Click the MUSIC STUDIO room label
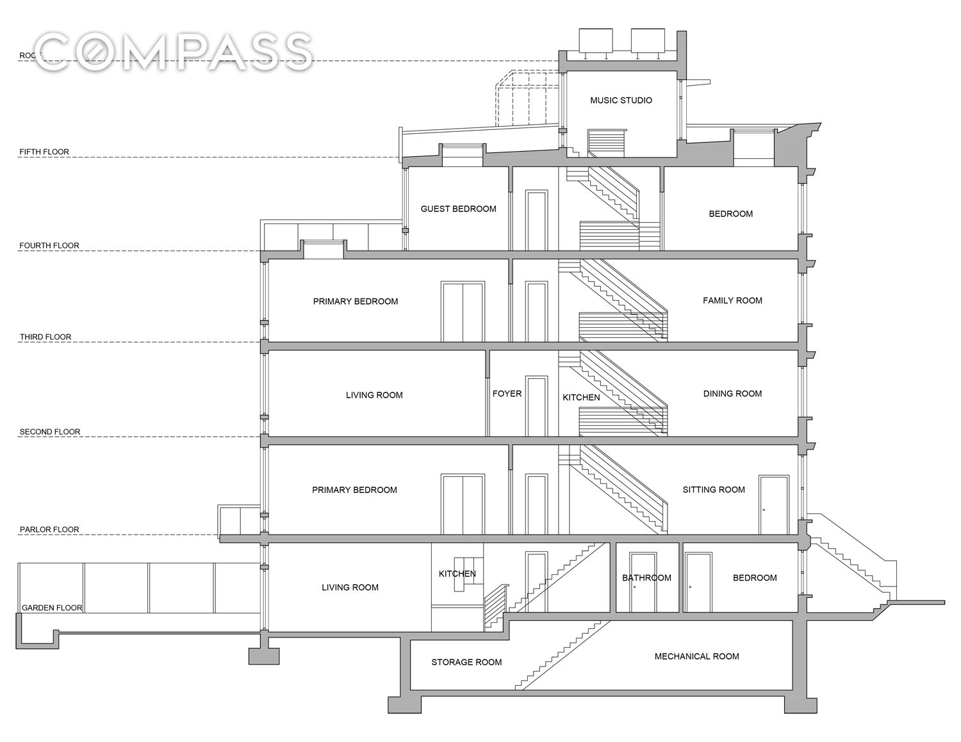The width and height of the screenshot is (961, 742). pyautogui.click(x=621, y=101)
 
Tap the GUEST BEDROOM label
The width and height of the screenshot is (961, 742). pyautogui.click(x=458, y=209)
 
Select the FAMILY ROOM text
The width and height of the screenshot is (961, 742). pyautogui.click(x=732, y=300)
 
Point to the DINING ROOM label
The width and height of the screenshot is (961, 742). pyautogui.click(x=732, y=394)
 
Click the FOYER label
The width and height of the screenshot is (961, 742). pyautogui.click(x=507, y=394)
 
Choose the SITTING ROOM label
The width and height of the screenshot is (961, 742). pyautogui.click(x=713, y=490)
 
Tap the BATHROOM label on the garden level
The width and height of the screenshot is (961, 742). pyautogui.click(x=646, y=577)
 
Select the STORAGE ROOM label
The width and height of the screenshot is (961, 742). pyautogui.click(x=466, y=662)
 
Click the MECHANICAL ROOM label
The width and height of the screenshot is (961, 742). pyautogui.click(x=696, y=656)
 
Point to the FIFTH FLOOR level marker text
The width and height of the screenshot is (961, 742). pyautogui.click(x=44, y=152)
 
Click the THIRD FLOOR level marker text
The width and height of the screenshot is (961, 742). pyautogui.click(x=45, y=337)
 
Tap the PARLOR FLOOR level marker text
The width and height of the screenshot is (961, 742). pyautogui.click(x=49, y=529)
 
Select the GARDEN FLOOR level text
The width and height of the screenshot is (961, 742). pyautogui.click(x=52, y=608)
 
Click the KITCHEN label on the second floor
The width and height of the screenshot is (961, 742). pyautogui.click(x=581, y=398)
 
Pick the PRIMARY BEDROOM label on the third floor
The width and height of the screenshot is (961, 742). pyautogui.click(x=355, y=301)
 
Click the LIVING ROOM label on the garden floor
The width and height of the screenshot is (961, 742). pyautogui.click(x=350, y=587)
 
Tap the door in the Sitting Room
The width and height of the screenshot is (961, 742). pyautogui.click(x=773, y=504)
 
